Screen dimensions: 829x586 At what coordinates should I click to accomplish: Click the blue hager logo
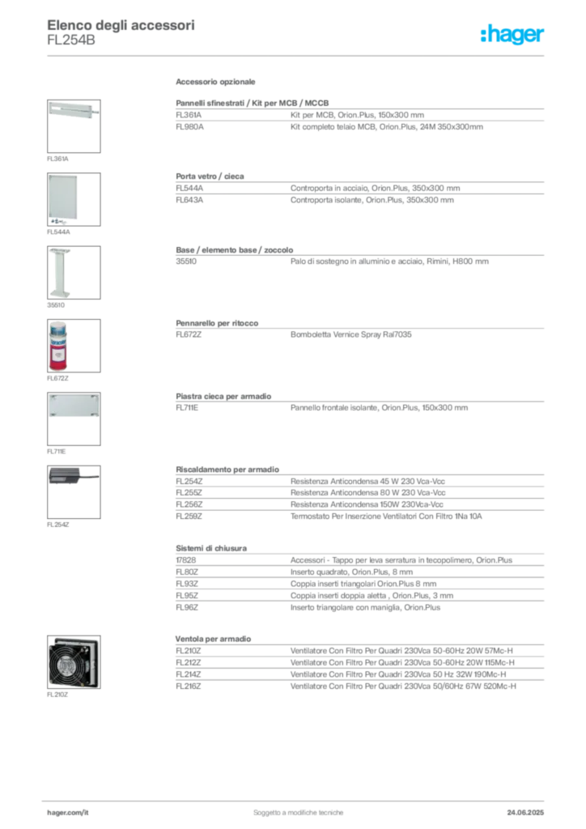pos(513,35)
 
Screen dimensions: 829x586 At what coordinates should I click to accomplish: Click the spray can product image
pos(58,346)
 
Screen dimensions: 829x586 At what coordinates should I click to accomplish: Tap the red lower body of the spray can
pos(58,357)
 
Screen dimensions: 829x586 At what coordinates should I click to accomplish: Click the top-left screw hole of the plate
pos(51,396)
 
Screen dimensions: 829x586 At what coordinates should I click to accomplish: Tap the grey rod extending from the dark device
pos(90,475)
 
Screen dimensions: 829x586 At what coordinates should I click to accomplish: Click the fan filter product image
pos(74,663)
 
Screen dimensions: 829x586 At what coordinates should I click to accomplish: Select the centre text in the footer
pos(299,807)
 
